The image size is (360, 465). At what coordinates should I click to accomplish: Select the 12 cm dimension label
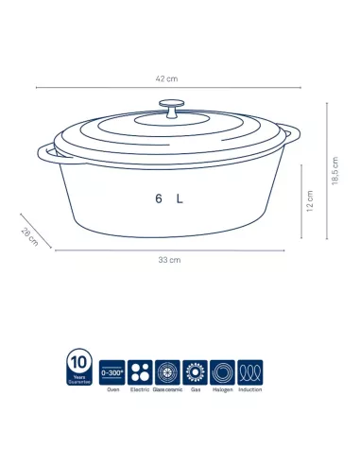(310, 201)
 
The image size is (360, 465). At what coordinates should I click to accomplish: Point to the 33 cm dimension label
(169, 259)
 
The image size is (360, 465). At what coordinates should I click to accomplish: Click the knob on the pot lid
(171, 108)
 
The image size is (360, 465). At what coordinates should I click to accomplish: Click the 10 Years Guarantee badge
(80, 369)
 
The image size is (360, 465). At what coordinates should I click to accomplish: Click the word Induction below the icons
(250, 388)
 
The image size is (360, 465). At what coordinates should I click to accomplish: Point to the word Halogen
(223, 388)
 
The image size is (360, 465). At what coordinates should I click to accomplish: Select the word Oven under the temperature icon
(111, 388)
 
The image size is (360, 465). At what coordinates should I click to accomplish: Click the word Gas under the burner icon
(195, 388)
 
